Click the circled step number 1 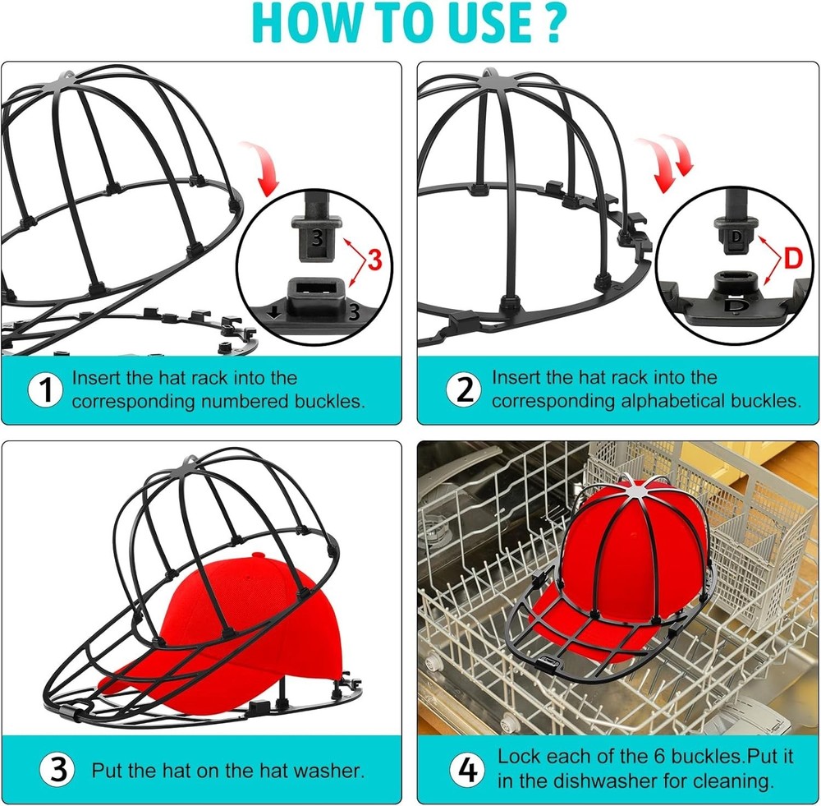click(45, 390)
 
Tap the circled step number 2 click(464, 390)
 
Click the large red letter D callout click(793, 259)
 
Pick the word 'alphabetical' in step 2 click(657, 402)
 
